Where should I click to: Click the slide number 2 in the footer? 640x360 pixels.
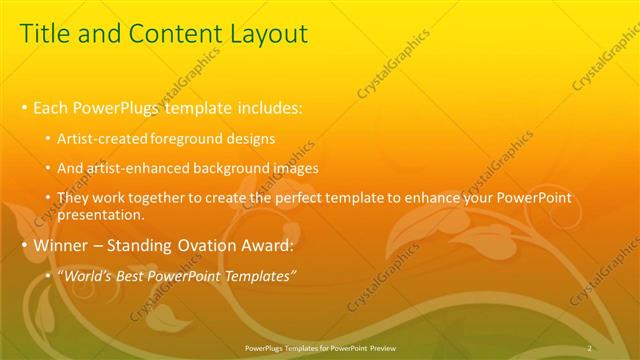point(590,347)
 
